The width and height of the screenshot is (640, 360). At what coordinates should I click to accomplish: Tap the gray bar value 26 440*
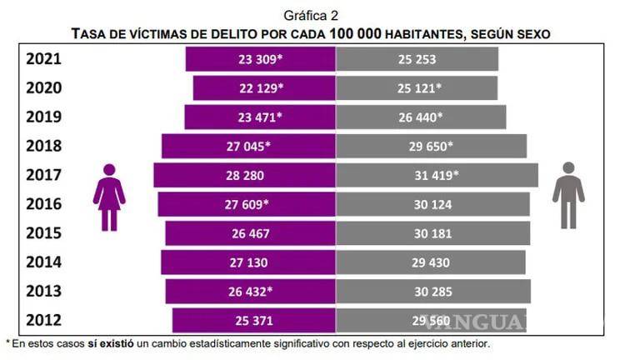420,117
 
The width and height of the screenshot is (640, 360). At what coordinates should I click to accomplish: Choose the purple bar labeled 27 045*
248,146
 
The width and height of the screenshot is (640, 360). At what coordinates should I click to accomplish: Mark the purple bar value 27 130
250,262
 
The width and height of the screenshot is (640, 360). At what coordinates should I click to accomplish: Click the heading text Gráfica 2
311,14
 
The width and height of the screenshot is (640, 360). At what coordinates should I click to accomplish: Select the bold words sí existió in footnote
110,343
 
